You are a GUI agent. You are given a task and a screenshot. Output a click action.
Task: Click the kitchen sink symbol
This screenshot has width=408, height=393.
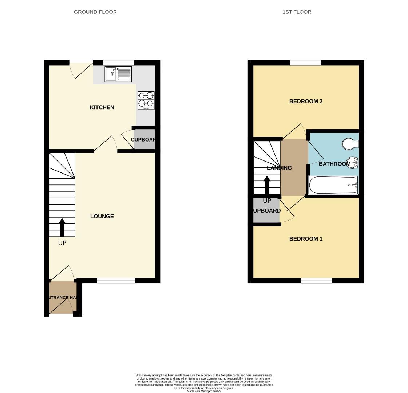click(118, 74)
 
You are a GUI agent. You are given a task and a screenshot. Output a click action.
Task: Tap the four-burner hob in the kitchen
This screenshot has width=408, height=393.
click(146, 100)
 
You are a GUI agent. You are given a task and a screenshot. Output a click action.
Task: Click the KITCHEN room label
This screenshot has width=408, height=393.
click(102, 107)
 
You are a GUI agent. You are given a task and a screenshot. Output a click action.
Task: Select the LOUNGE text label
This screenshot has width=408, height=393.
click(102, 216)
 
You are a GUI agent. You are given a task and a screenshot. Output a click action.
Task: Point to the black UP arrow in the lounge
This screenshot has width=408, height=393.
click(62, 227)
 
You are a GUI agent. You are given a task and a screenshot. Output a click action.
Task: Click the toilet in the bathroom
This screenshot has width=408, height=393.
click(350, 144)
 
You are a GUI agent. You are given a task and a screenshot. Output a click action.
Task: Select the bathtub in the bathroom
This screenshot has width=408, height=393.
click(333, 185)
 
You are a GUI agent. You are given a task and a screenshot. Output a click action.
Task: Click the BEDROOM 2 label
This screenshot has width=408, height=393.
click(306, 101)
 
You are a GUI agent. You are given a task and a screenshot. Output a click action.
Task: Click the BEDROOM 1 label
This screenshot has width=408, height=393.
click(306, 239)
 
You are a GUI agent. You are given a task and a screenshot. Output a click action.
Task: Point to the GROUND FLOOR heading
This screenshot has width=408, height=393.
click(95, 12)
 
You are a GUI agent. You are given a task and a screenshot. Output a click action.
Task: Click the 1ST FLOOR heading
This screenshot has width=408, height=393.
click(297, 12)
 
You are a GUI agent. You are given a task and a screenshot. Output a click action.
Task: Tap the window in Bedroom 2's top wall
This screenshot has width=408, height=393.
click(305, 63)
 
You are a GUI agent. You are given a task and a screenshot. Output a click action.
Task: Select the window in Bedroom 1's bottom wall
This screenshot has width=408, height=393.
click(316, 281)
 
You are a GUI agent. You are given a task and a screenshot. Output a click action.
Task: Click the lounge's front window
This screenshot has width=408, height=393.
click(116, 281)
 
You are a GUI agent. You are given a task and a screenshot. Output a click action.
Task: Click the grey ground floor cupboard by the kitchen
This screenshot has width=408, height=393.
click(144, 140)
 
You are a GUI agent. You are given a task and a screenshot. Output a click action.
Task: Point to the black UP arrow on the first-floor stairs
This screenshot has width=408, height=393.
click(267, 185)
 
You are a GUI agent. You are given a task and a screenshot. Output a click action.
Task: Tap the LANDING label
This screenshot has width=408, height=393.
click(279, 168)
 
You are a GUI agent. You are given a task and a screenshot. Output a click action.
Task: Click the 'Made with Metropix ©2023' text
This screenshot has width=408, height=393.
click(204, 391)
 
